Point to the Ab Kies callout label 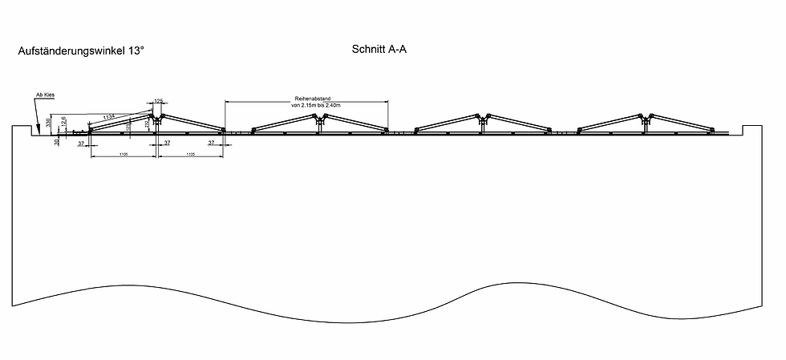click(x=44, y=95)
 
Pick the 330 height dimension click(x=49, y=122)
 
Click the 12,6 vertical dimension click(x=63, y=122)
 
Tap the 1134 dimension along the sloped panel click(x=109, y=117)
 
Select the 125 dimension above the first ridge click(x=158, y=101)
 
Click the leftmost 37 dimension click(x=81, y=143)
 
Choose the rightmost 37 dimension click(x=211, y=143)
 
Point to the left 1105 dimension click(x=123, y=153)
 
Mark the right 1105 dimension click(x=191, y=153)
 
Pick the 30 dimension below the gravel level click(x=56, y=142)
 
